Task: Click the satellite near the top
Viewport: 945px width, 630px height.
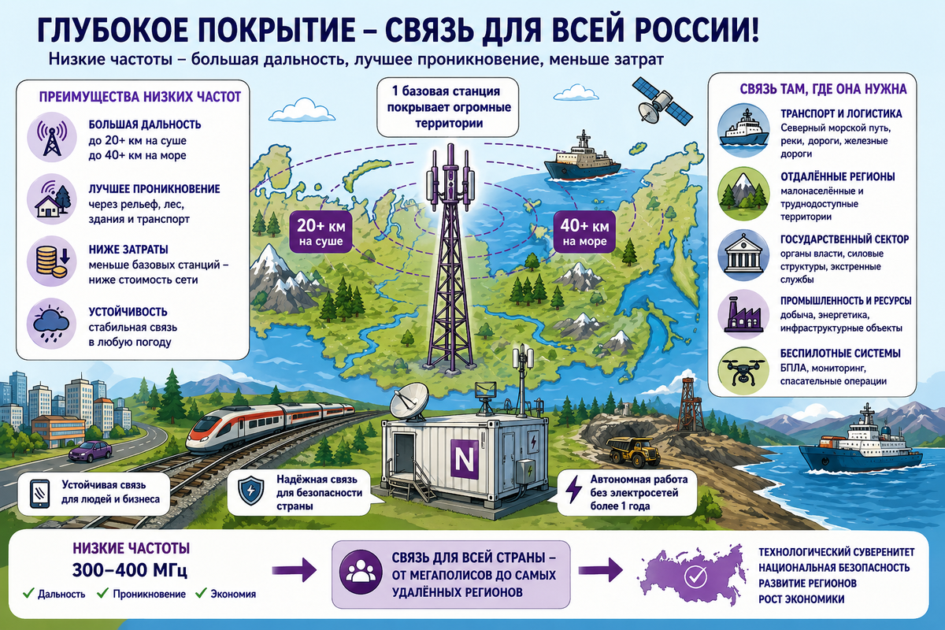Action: [662, 102]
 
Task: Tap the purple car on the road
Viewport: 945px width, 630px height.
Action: [91, 451]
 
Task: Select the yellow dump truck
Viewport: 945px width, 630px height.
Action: [633, 452]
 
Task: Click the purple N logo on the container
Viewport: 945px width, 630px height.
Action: [465, 459]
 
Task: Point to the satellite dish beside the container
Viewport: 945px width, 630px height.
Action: [409, 404]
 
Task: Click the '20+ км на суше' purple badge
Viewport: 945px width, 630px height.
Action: [321, 232]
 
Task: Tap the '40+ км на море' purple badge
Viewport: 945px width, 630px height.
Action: [584, 232]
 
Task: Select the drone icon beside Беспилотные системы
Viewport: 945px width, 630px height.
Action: [743, 371]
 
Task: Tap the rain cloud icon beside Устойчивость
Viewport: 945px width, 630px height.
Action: [52, 324]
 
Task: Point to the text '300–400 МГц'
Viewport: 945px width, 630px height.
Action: [130, 570]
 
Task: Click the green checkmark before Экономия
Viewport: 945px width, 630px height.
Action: [202, 593]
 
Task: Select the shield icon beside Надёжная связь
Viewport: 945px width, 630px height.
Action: [251, 491]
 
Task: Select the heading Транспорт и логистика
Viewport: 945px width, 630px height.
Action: [841, 114]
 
